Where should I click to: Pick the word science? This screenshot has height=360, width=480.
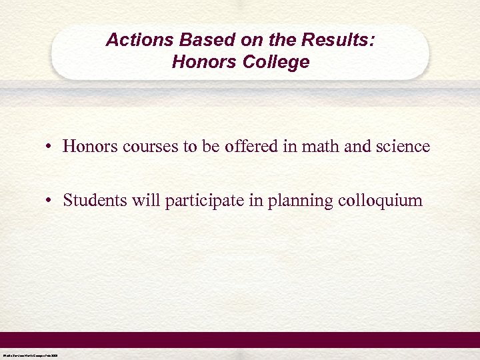[403, 147]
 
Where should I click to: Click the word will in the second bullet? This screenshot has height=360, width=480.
[138, 201]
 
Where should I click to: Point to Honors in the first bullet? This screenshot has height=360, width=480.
[89, 147]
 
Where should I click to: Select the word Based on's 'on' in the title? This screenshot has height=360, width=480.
[236, 40]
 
